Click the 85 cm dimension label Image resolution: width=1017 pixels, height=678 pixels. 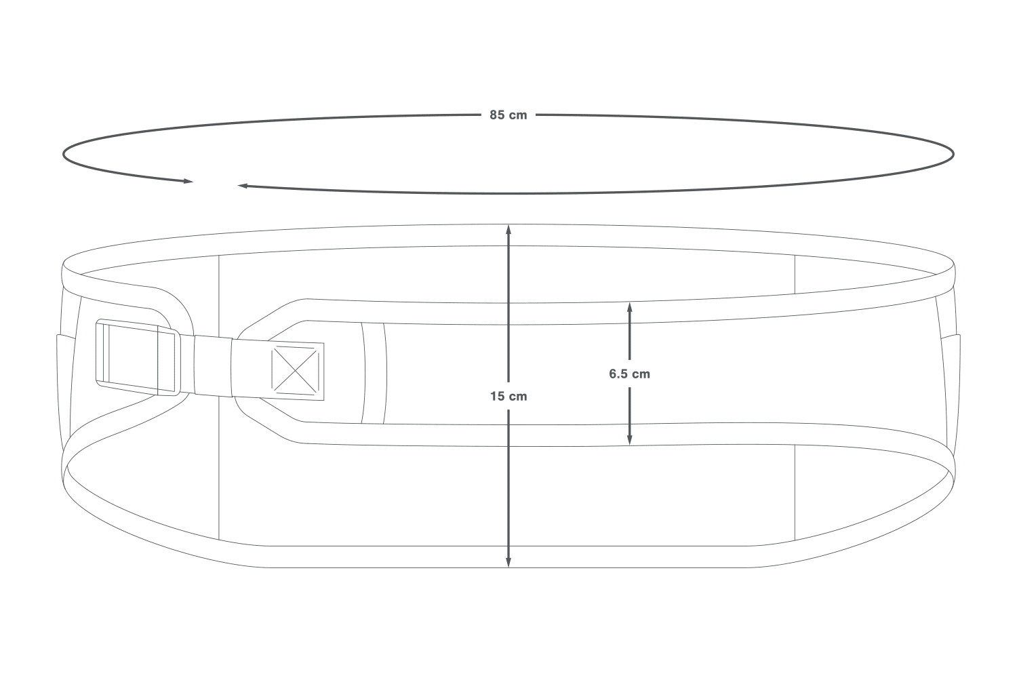coord(508,115)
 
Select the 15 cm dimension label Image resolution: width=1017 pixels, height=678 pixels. coord(509,397)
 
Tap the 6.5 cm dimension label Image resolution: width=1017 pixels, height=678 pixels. coord(629,374)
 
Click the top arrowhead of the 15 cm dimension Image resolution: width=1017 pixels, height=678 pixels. coord(509,229)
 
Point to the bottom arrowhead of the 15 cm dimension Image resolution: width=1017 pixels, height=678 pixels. coord(509,562)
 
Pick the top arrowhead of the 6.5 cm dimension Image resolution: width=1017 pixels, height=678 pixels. coord(629,307)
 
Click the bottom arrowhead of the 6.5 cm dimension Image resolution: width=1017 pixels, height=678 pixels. coord(629,439)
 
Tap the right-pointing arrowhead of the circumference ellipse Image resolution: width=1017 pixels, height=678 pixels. coord(188,181)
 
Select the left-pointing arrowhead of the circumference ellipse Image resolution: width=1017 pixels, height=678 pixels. coord(243,185)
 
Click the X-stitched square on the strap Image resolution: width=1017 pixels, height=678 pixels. coord(295,371)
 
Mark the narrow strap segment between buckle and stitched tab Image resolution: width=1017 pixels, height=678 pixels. coord(214,365)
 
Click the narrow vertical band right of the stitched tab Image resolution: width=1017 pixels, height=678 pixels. coord(374,374)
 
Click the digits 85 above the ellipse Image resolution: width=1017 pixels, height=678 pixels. coord(497,115)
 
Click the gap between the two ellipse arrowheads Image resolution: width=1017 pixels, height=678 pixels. coord(216,184)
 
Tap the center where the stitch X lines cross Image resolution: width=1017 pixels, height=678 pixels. coord(295,371)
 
